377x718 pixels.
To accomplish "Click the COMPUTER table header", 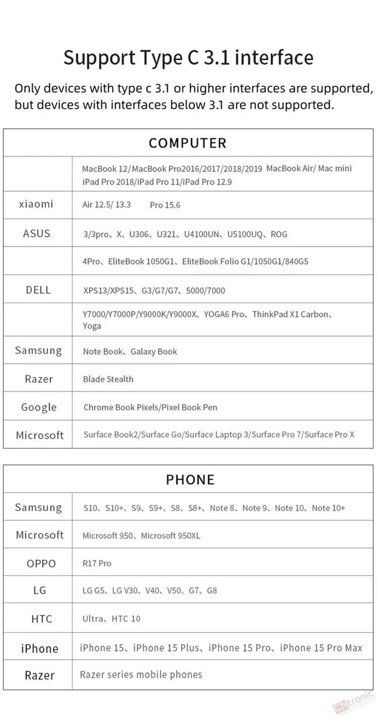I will point(188,143).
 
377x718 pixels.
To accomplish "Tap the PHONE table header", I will point(190,479).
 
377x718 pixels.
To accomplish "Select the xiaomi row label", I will point(36,204).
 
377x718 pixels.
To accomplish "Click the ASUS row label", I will point(36,234).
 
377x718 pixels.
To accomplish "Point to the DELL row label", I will point(38,290).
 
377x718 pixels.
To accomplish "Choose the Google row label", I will point(39,407).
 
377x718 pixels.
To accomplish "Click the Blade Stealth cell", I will point(108,379).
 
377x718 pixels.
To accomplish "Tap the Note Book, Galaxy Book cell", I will point(130,351).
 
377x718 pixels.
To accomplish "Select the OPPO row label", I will point(41,564).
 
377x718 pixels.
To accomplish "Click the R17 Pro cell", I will point(97,563).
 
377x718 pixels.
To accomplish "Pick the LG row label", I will point(40,590).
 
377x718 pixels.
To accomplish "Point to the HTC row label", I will point(41,619).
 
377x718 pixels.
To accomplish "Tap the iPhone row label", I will point(40,648).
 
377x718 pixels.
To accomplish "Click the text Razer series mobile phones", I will point(141,675).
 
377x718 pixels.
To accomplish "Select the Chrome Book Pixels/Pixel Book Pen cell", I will point(150,407).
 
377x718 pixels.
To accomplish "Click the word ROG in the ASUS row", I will point(279,234).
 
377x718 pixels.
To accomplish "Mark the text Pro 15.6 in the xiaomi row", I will point(165,205).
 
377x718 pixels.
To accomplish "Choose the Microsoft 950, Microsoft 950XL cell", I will point(141,535).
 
